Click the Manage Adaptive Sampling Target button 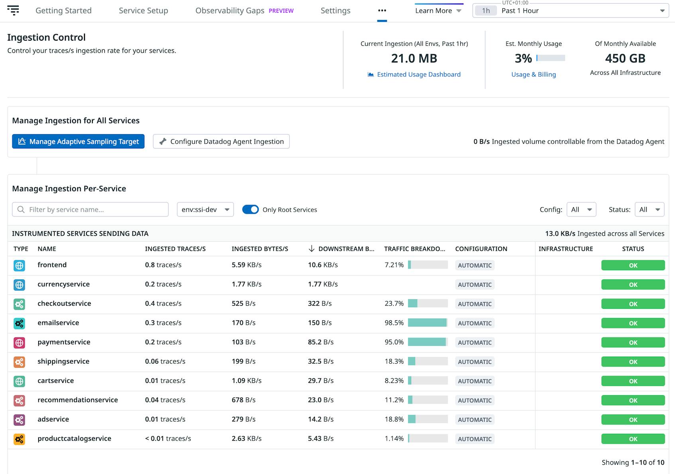click(x=78, y=142)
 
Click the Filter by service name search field click(x=90, y=210)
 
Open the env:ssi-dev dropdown click(x=205, y=210)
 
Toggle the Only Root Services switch click(x=250, y=210)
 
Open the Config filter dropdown click(x=581, y=210)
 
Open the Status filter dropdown click(x=649, y=210)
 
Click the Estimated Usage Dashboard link click(x=418, y=74)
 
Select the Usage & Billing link click(x=533, y=74)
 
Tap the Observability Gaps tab click(x=230, y=11)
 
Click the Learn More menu click(x=438, y=11)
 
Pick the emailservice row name click(x=58, y=323)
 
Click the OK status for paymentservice click(x=633, y=343)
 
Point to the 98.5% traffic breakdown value click(x=394, y=323)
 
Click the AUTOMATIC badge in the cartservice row click(x=475, y=381)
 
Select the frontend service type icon click(x=19, y=265)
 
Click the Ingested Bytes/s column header click(x=260, y=249)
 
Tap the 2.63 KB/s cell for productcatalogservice click(x=247, y=439)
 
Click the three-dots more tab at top click(x=382, y=11)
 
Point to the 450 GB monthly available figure click(x=625, y=59)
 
